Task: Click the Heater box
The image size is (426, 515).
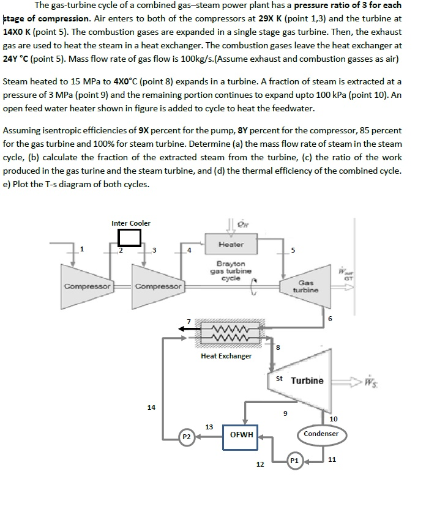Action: pyautogui.click(x=231, y=245)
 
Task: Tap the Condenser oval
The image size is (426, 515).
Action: pyautogui.click(x=321, y=434)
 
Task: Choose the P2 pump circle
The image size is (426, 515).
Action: pyautogui.click(x=187, y=437)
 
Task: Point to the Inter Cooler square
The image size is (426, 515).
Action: pyautogui.click(x=130, y=237)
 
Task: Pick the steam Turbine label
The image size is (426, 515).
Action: pyautogui.click(x=307, y=380)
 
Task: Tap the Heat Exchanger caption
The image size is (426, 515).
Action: pyautogui.click(x=226, y=355)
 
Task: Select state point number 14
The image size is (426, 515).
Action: pyautogui.click(x=151, y=407)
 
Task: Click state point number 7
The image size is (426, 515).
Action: pyautogui.click(x=189, y=320)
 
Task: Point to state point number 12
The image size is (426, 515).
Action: pyautogui.click(x=260, y=465)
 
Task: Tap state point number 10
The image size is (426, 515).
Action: pyautogui.click(x=333, y=419)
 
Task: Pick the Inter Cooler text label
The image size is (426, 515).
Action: pyautogui.click(x=130, y=223)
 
